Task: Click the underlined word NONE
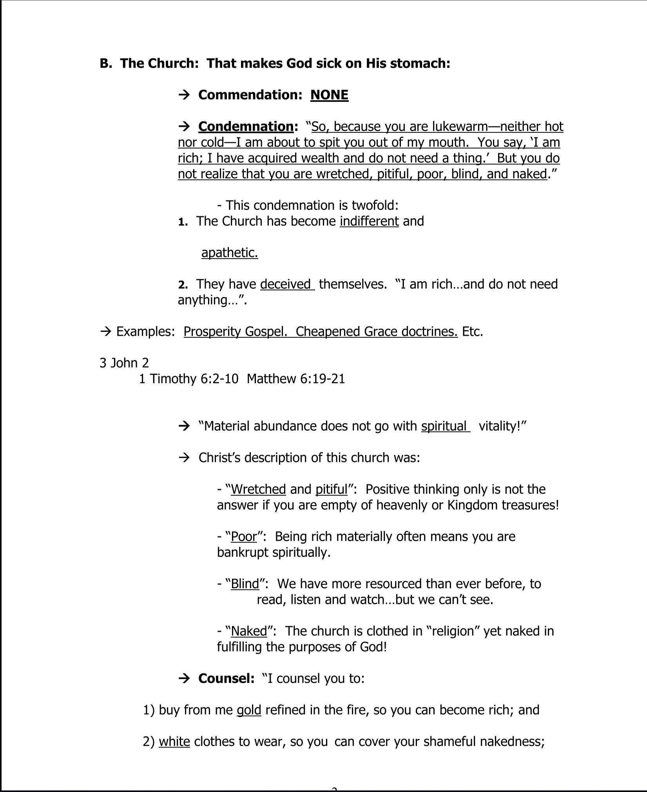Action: coord(329,95)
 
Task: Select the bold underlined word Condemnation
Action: coord(246,127)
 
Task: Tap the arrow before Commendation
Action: coord(184,95)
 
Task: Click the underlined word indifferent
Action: coord(369,221)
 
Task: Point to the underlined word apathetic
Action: coord(230,253)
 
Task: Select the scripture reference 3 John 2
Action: coord(124,363)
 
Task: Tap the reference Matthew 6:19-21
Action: coord(296,379)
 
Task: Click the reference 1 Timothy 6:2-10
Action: coord(188,379)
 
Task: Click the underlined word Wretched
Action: coord(258,489)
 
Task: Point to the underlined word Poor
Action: coord(244,536)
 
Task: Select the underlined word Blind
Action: coord(245,584)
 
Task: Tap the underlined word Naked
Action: coord(249,631)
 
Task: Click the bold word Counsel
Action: coord(226,678)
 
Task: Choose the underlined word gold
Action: coord(249,710)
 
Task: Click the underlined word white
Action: coord(174,741)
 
